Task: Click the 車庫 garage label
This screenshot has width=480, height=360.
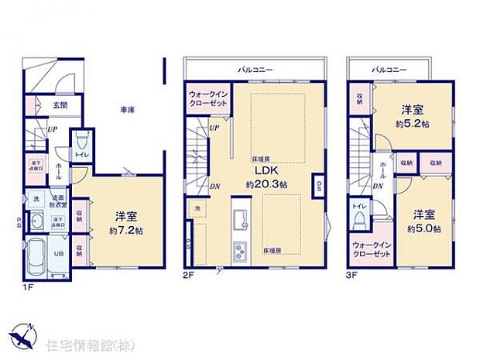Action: point(128,110)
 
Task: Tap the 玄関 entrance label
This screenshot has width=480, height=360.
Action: point(60,105)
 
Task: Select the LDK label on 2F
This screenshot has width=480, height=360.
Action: point(256,172)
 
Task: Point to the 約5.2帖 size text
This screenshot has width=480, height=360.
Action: point(417,125)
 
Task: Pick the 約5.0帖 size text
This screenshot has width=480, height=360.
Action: point(427,228)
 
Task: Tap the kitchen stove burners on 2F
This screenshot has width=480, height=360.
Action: point(240,249)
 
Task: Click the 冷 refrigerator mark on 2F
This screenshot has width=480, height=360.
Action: point(197,208)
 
